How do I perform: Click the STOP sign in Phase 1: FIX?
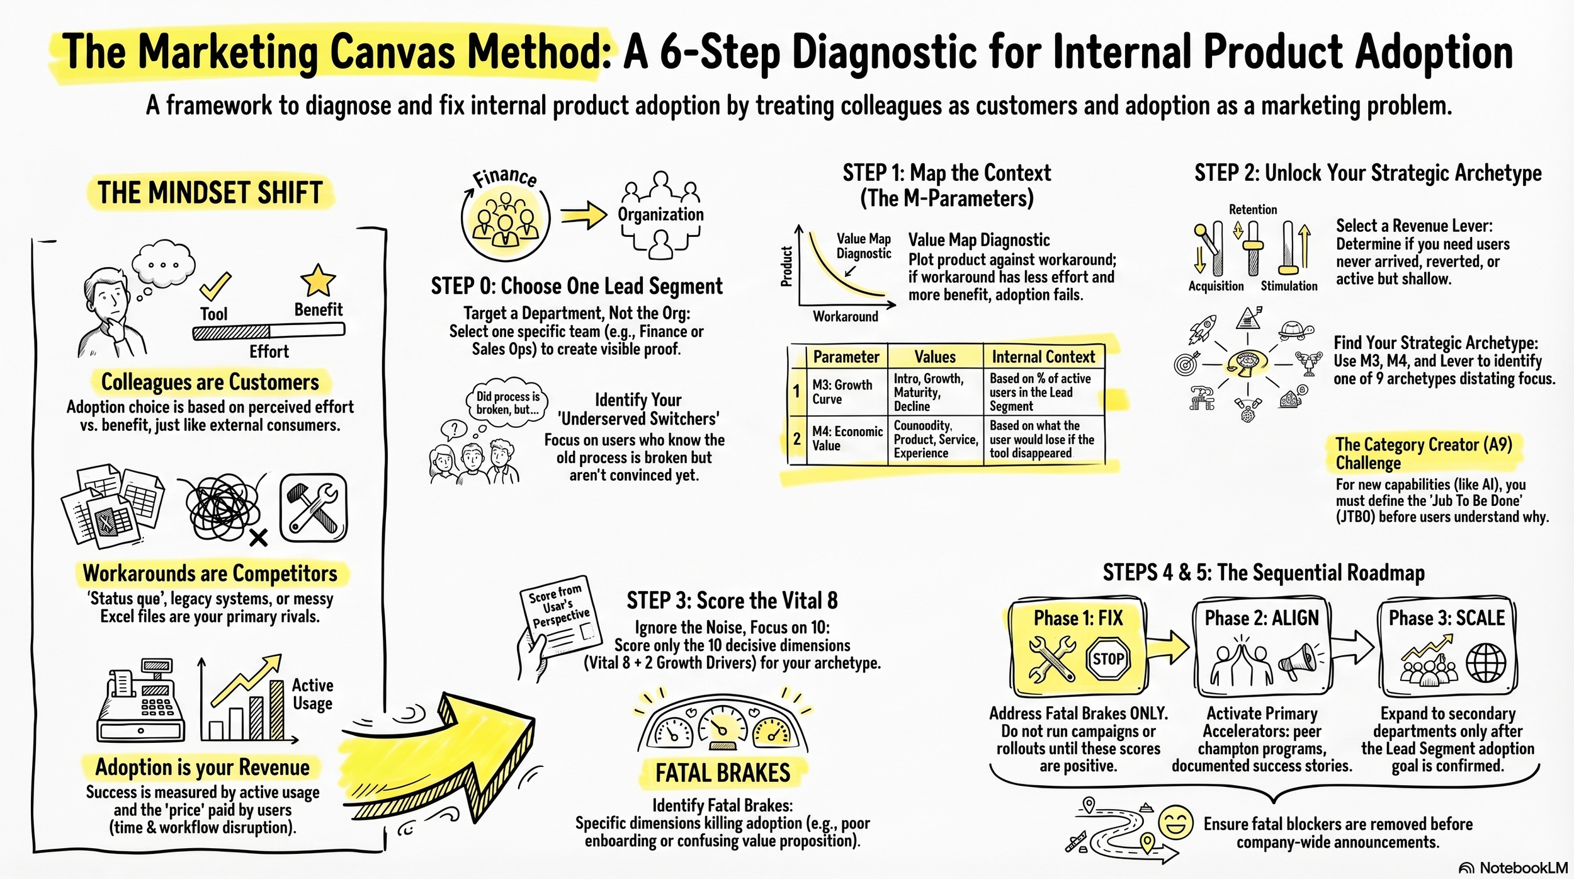click(1107, 659)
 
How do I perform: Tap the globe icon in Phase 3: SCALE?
click(1486, 664)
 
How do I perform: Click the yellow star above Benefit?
click(318, 280)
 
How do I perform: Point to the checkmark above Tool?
click(215, 287)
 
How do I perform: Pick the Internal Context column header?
click(1043, 357)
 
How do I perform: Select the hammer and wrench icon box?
click(313, 508)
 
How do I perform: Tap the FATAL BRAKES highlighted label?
click(722, 773)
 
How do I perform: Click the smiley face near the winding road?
click(1175, 822)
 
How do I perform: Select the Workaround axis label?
click(845, 316)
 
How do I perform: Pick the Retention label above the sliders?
click(1252, 210)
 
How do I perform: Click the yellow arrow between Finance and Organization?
click(583, 216)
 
